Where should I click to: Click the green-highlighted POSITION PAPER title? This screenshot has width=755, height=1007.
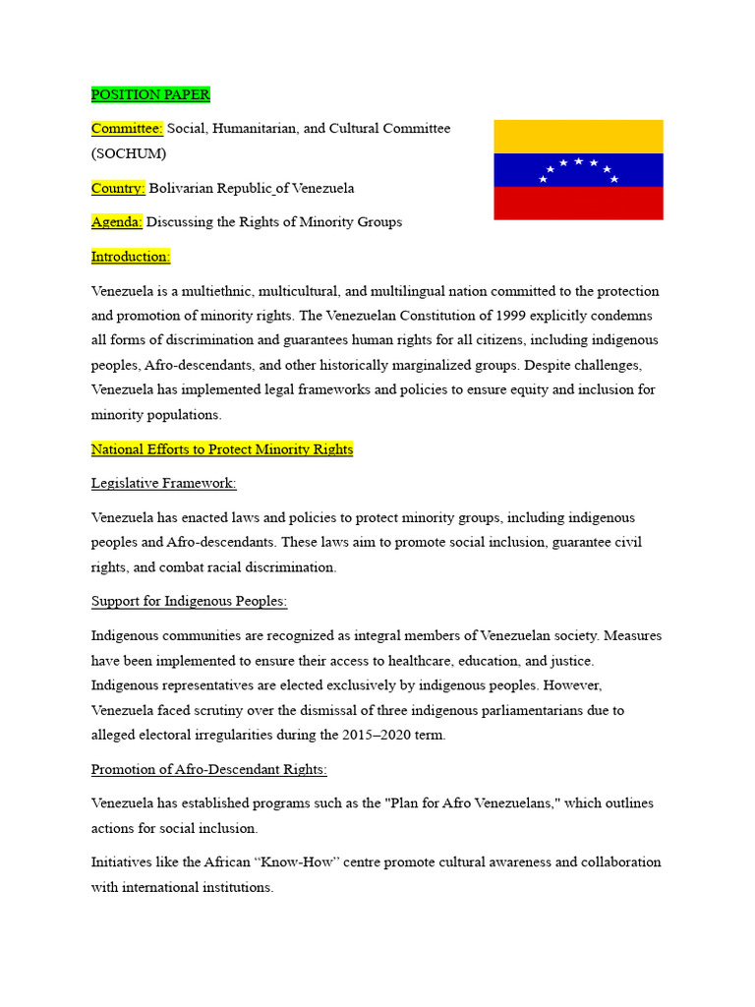point(150,94)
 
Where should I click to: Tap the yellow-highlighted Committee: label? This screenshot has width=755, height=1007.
point(127,129)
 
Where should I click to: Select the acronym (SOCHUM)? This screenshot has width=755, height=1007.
point(129,153)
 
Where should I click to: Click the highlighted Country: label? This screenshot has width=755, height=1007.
point(118,188)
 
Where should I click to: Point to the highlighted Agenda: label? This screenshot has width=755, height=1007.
point(117,222)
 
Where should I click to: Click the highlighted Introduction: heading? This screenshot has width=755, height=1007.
point(131,257)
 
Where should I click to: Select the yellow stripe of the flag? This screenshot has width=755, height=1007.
point(578,136)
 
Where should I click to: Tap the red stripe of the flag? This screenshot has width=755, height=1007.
point(578,203)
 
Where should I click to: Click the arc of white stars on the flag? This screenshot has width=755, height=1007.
point(578,168)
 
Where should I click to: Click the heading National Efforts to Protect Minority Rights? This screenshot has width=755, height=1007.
point(222,449)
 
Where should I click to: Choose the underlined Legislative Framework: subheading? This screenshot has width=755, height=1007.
point(164,484)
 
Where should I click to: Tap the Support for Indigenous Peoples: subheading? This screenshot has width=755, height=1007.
point(189,601)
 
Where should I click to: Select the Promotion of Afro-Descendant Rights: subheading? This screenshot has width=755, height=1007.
point(209,769)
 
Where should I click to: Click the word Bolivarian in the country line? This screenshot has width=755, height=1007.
point(184,188)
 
